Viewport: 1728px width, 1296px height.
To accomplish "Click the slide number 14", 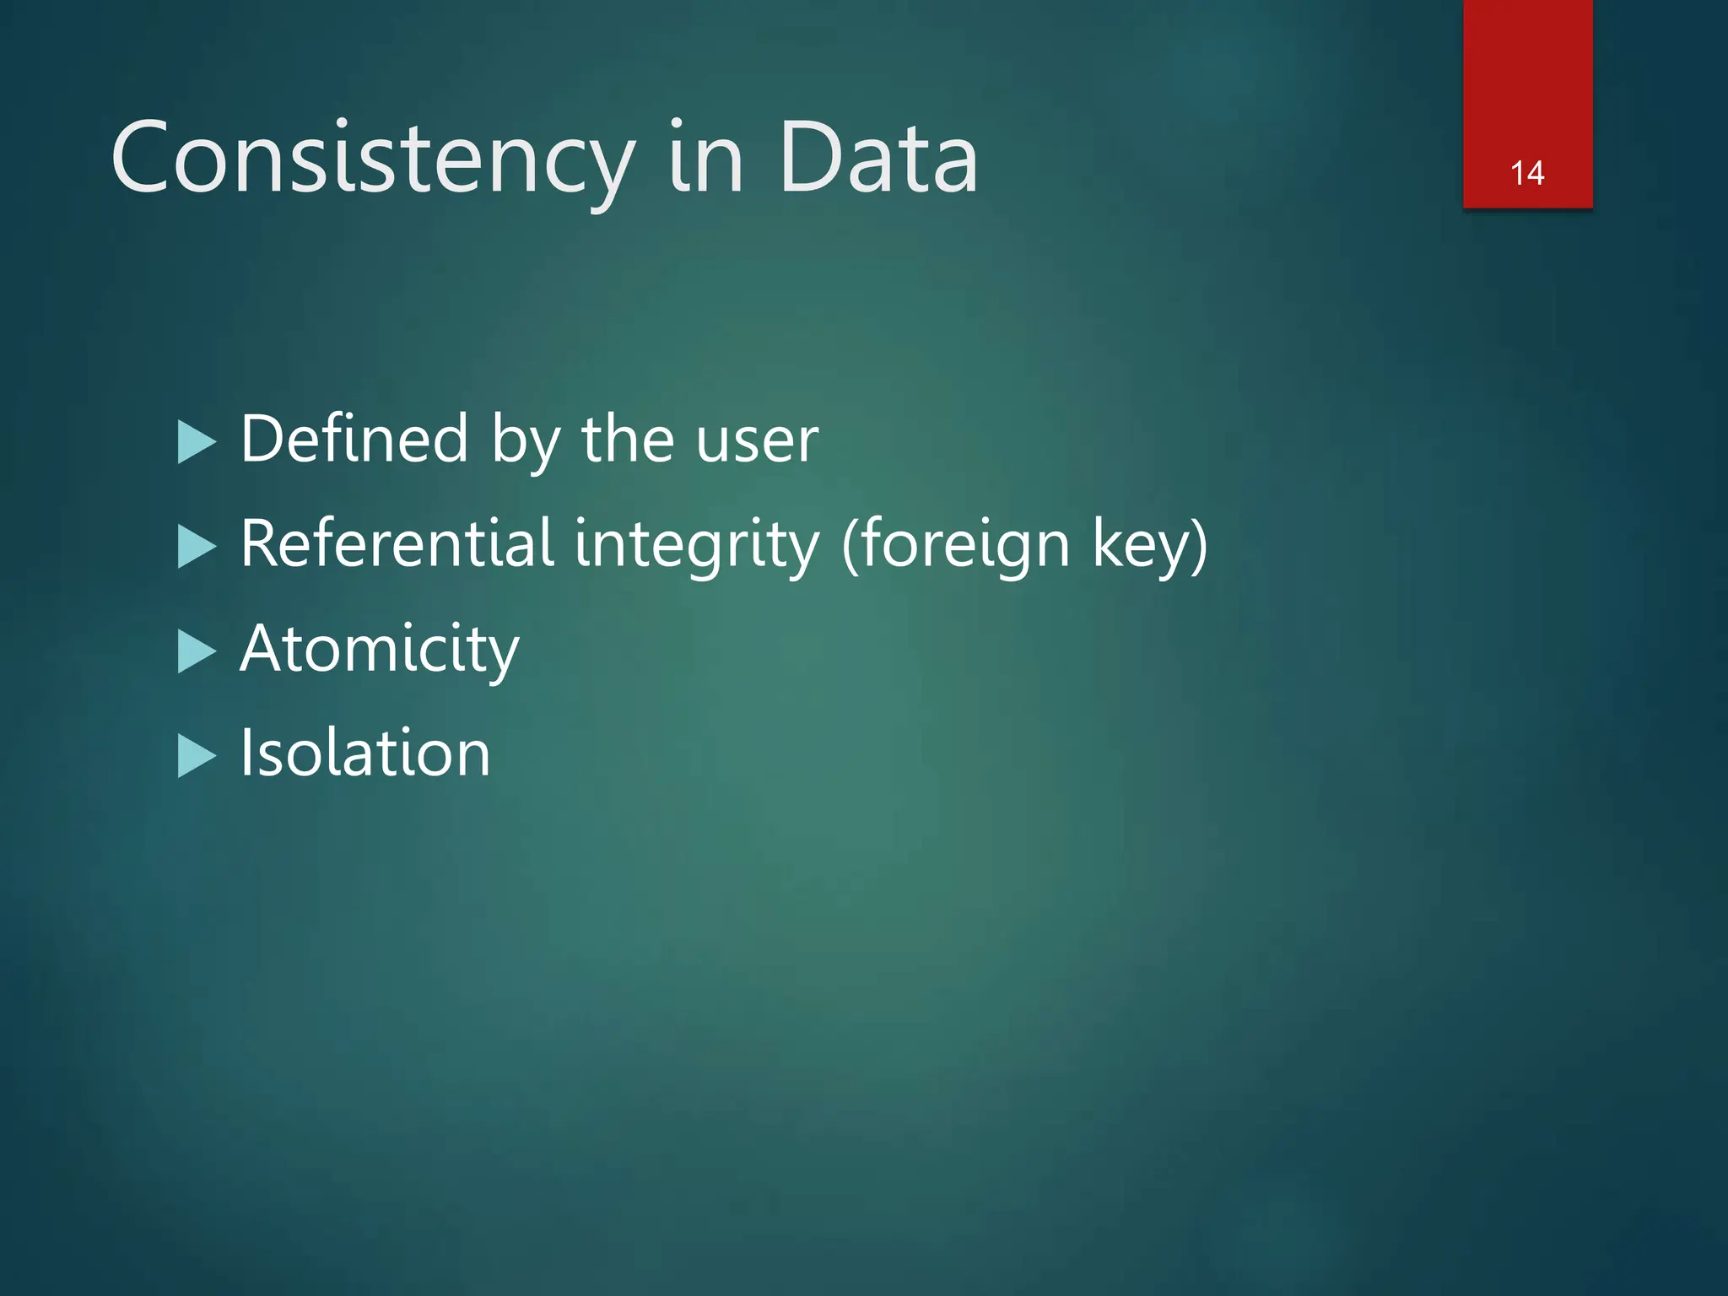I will coord(1527,173).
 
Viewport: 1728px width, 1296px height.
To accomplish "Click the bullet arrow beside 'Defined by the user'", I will coord(197,442).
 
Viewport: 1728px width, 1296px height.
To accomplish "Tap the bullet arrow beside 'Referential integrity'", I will coord(197,547).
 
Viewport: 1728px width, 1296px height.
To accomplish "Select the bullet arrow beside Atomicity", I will coord(197,651).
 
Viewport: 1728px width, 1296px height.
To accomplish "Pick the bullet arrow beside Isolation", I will coord(197,756).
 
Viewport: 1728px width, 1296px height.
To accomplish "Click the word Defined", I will coord(354,439).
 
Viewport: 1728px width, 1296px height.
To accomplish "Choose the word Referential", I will coord(397,543).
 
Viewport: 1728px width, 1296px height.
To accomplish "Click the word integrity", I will coord(696,547).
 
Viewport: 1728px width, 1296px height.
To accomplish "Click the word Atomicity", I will coord(380,650).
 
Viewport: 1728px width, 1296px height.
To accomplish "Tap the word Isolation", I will coord(365,753).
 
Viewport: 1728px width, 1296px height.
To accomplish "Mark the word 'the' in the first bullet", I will coord(628,439).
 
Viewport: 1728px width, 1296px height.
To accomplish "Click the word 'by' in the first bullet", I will coord(525,442).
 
